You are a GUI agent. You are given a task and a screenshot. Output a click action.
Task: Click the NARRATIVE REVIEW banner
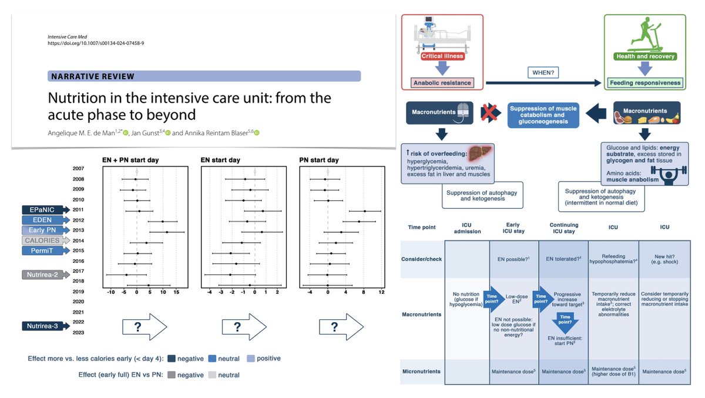click(x=203, y=76)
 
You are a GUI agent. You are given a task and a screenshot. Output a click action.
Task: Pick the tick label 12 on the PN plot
click(x=381, y=292)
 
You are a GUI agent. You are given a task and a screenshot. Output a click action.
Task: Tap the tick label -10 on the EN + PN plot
click(x=110, y=292)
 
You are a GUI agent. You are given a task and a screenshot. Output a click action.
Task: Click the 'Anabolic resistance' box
click(x=442, y=83)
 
